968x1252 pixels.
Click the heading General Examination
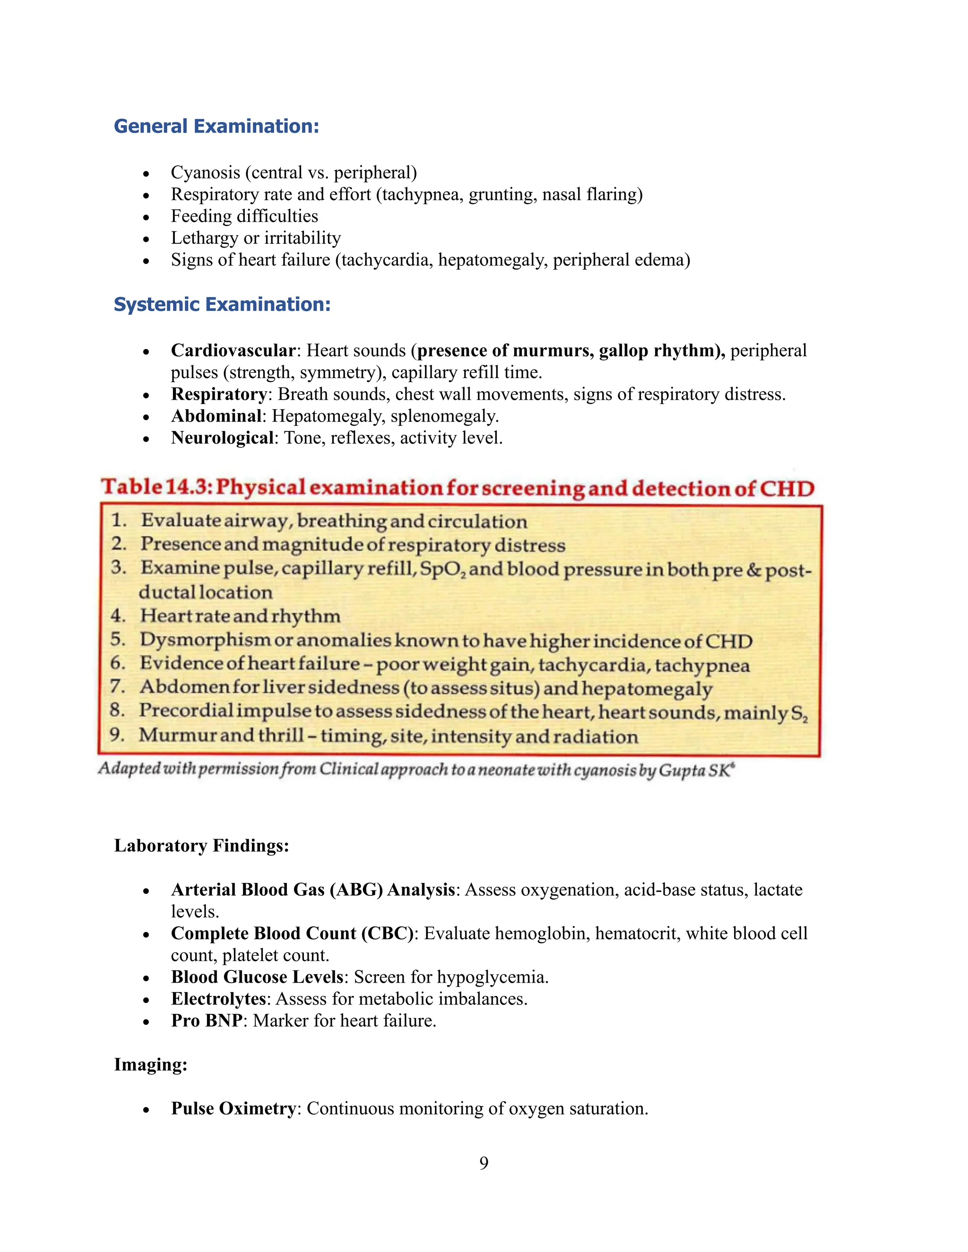pos(216,126)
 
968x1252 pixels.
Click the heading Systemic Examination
pos(222,304)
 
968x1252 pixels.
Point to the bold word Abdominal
pos(216,416)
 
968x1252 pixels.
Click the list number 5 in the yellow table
pos(118,639)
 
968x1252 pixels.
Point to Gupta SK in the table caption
pos(694,770)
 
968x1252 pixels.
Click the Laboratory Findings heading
pos(201,846)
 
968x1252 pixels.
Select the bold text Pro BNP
pos(207,1020)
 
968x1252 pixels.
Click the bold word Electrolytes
pos(218,999)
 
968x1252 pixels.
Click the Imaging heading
pos(150,1064)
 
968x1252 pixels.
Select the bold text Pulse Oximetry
pos(233,1108)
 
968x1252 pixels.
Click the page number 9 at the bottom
pos(484,1163)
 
